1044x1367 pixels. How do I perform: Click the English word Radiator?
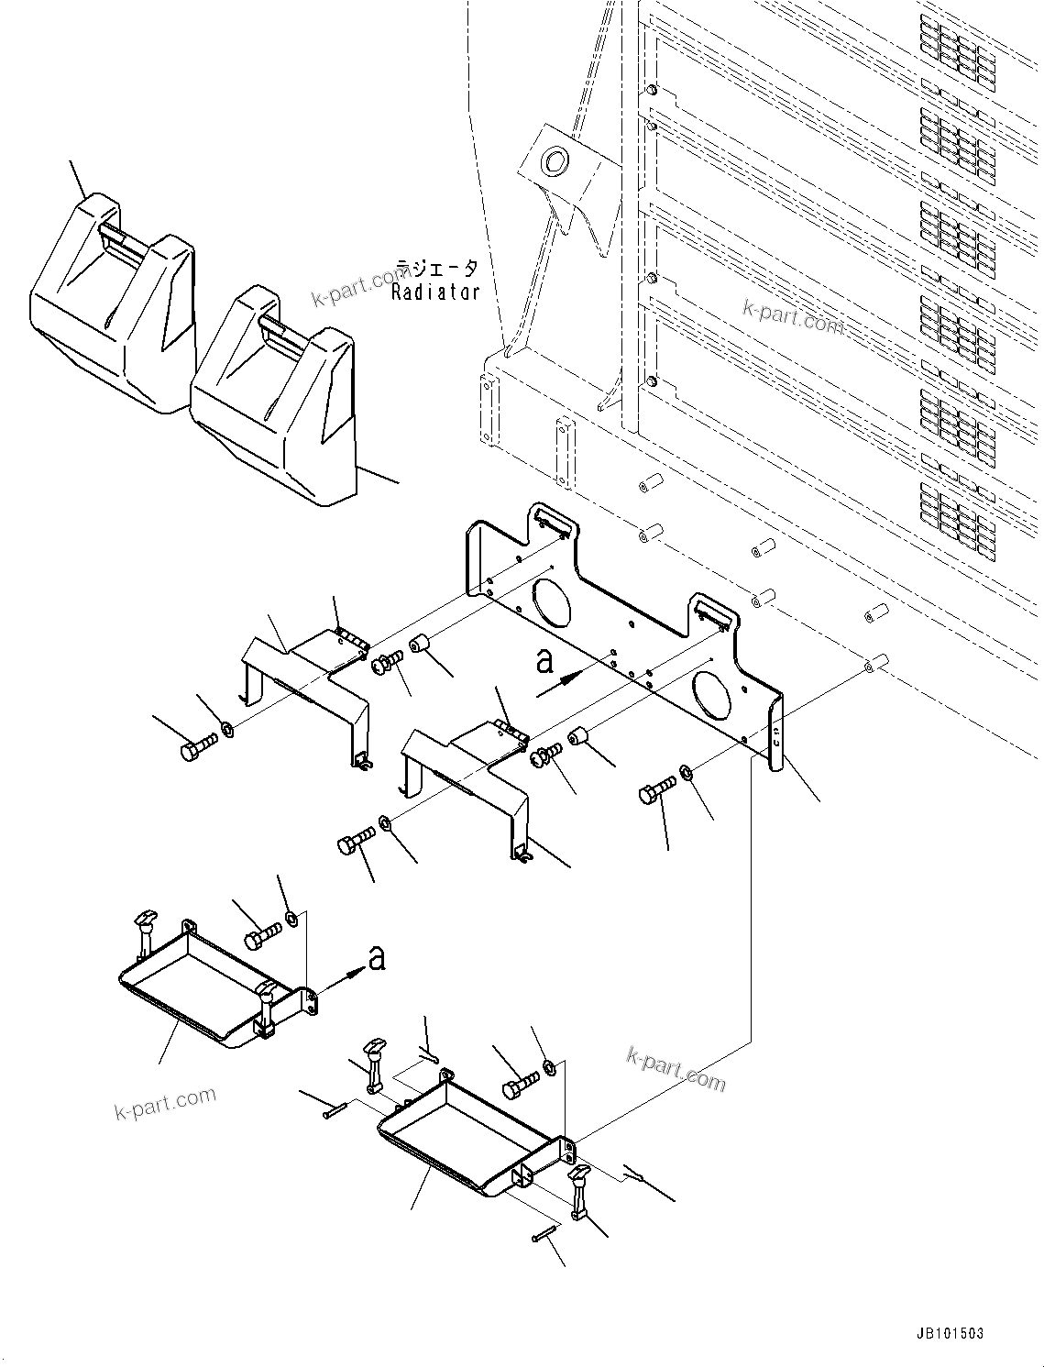(435, 292)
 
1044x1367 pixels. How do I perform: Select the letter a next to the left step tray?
(376, 958)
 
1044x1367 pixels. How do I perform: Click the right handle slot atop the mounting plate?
(712, 612)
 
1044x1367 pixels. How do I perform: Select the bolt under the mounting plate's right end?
(657, 788)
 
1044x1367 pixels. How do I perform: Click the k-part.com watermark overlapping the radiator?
(793, 316)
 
